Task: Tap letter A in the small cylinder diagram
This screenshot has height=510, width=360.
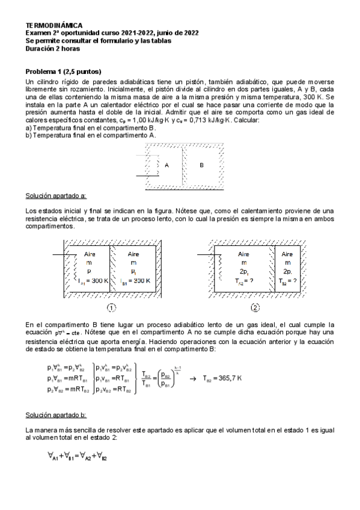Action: (166, 164)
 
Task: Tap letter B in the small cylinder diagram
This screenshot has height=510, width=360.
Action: (201, 164)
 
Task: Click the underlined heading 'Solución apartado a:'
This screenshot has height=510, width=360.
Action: (56, 195)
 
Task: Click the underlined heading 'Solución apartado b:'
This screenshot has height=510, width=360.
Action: (56, 415)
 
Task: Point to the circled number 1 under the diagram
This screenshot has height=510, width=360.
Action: (111, 308)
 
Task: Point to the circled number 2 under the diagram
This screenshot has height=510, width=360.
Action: (255, 308)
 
